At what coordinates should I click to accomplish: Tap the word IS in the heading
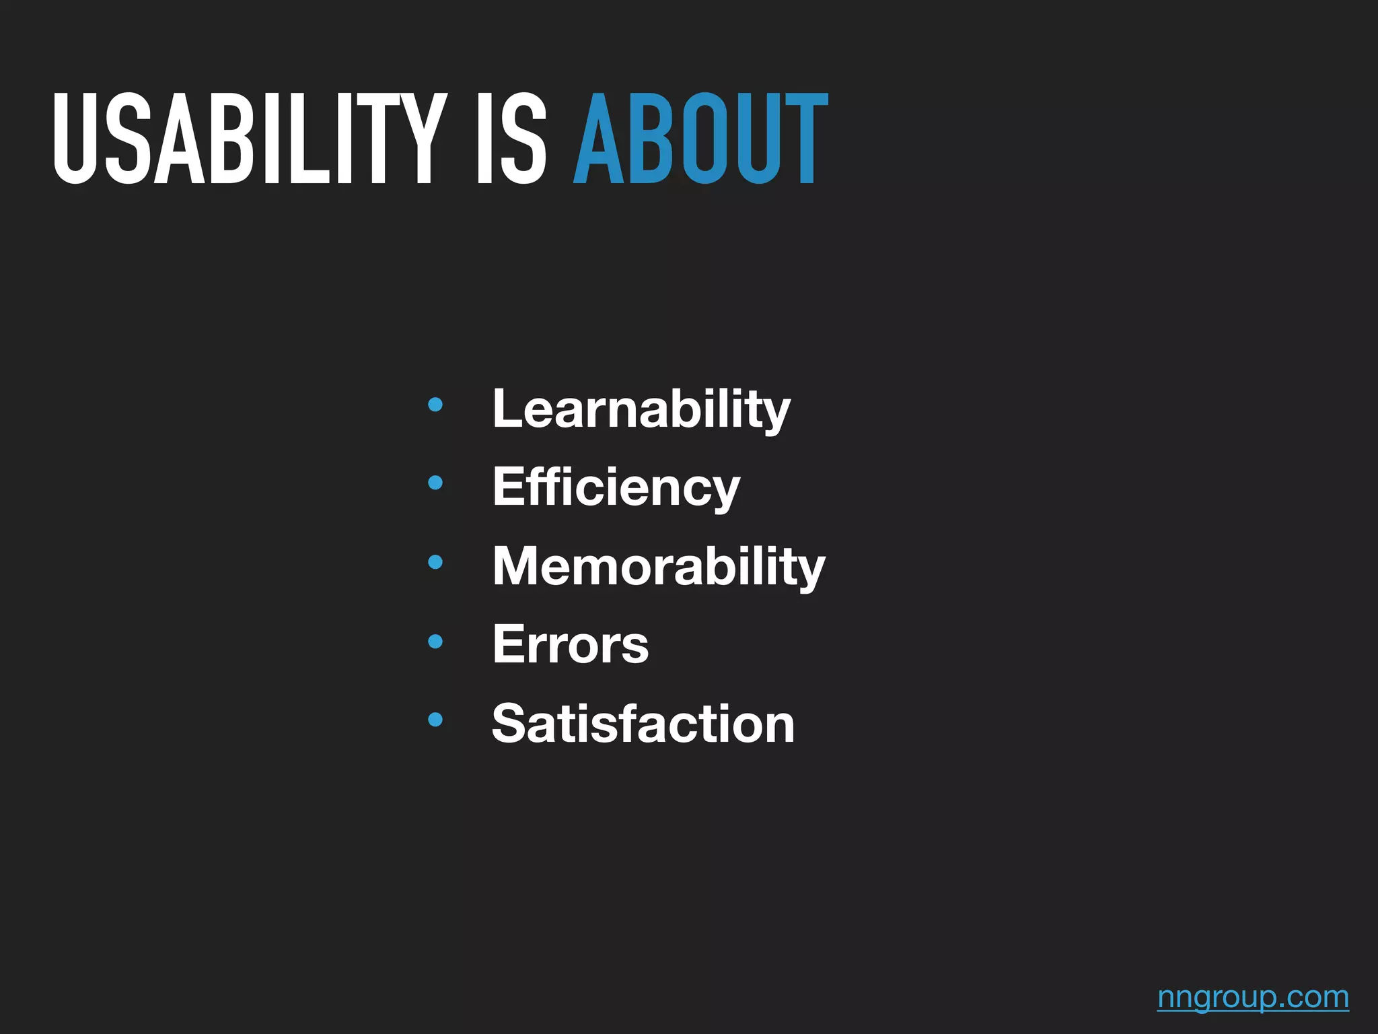pyautogui.click(x=511, y=139)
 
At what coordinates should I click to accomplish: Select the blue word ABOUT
pyautogui.click(x=700, y=139)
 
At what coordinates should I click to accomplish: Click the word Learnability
pyautogui.click(x=641, y=409)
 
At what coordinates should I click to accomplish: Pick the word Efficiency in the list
pyautogui.click(x=616, y=487)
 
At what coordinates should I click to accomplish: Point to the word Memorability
pyautogui.click(x=659, y=566)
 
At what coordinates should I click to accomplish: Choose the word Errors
pyautogui.click(x=571, y=645)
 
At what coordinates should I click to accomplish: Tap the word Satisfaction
pyautogui.click(x=643, y=724)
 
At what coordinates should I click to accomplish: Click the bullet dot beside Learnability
pyautogui.click(x=435, y=405)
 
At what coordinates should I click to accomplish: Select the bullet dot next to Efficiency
pyautogui.click(x=435, y=483)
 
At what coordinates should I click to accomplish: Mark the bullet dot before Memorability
pyautogui.click(x=435, y=562)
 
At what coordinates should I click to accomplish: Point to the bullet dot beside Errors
pyautogui.click(x=435, y=642)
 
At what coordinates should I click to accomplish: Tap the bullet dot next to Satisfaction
pyautogui.click(x=435, y=720)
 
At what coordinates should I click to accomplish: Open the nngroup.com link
pyautogui.click(x=1253, y=997)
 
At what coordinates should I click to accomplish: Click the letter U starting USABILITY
pyautogui.click(x=75, y=139)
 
